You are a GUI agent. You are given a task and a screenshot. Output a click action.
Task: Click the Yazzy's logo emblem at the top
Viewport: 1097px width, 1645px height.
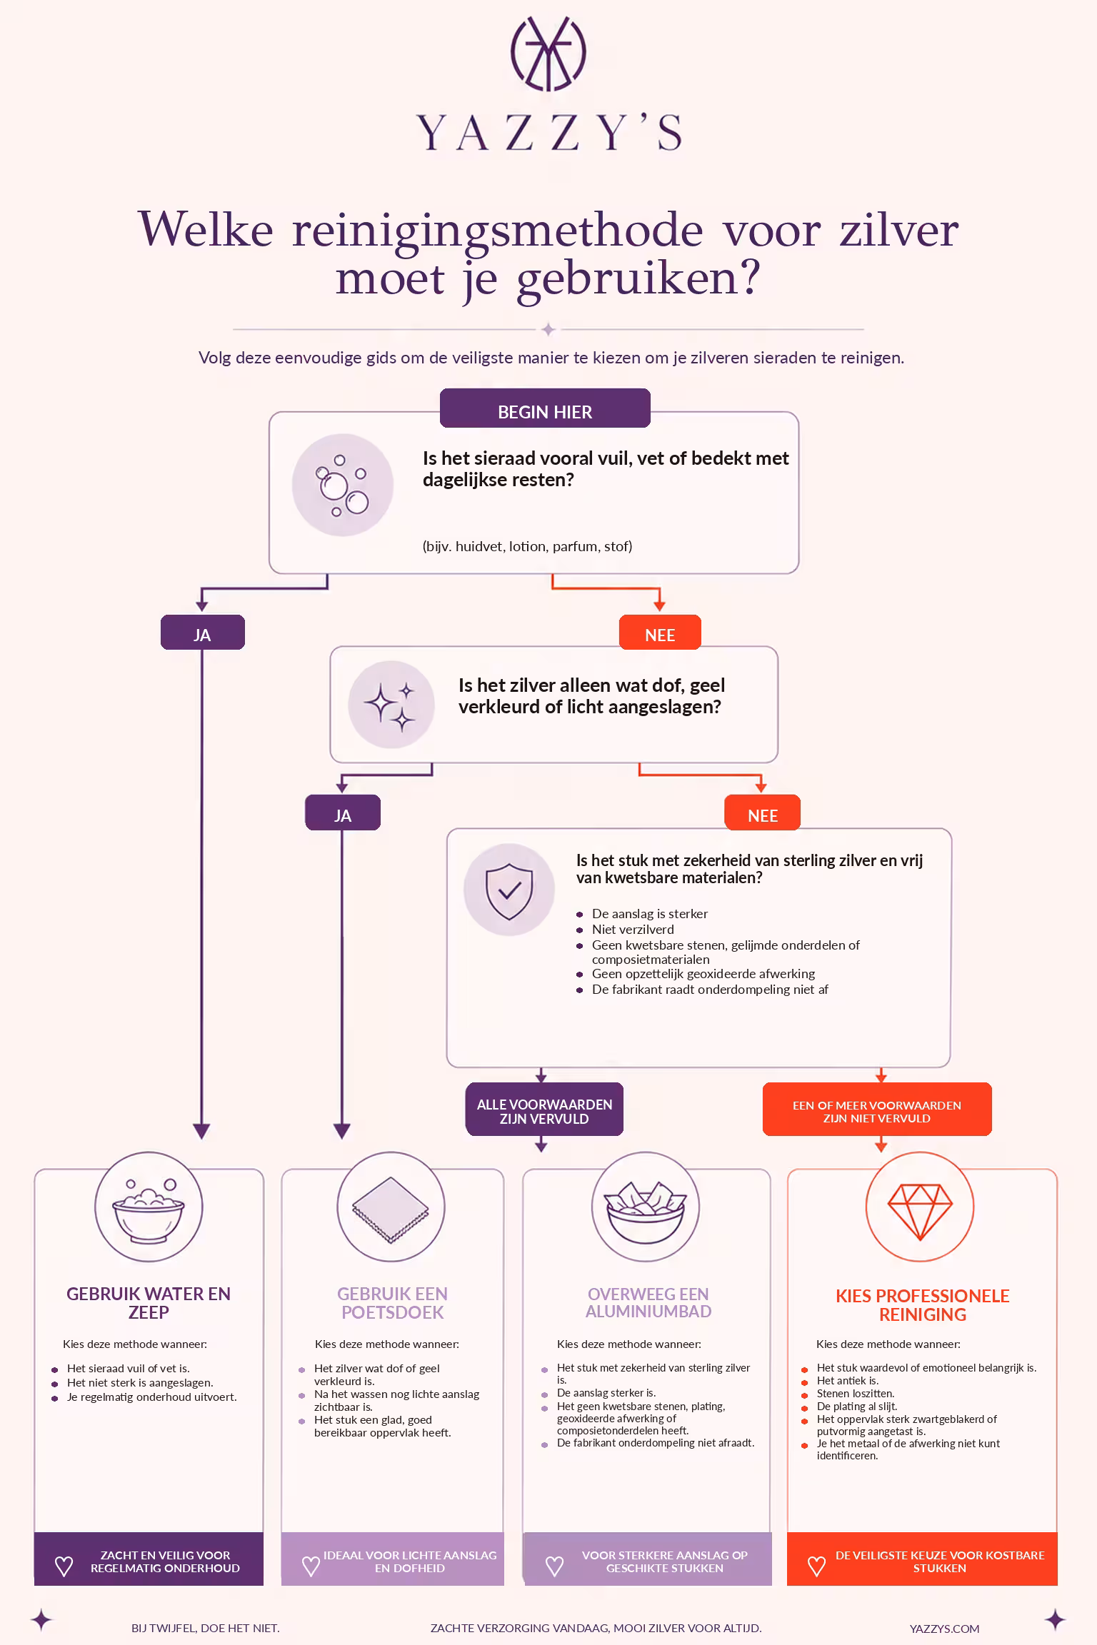548,54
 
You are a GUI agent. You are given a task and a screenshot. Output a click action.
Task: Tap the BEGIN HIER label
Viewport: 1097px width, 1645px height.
545,412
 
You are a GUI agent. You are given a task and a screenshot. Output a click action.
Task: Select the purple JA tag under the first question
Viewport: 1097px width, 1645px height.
202,634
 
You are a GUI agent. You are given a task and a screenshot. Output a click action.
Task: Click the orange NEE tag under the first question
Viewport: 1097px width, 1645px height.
660,634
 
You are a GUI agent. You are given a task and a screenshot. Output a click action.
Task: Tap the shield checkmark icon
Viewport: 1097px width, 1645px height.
509,890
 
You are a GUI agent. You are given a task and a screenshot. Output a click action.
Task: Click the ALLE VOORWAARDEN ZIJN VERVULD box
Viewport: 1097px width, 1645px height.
544,1111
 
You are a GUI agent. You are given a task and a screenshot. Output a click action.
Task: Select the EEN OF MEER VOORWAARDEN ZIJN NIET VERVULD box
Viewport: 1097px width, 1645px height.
877,1111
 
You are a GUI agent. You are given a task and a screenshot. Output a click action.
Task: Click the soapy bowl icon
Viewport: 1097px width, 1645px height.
149,1207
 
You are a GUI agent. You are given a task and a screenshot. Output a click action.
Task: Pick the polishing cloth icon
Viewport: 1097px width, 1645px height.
391,1207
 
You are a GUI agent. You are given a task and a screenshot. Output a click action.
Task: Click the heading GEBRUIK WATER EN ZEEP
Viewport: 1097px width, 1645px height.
149,1303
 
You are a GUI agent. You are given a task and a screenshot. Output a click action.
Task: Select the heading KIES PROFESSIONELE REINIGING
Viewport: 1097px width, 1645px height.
923,1305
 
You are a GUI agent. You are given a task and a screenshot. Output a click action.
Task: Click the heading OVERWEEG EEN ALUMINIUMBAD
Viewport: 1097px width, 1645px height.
648,1302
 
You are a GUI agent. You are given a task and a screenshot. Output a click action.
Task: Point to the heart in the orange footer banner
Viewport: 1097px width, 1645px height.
816,1566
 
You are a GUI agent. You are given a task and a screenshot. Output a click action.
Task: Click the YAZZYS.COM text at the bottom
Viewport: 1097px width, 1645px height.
944,1629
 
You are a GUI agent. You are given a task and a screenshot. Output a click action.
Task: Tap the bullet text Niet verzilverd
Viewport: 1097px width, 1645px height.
633,929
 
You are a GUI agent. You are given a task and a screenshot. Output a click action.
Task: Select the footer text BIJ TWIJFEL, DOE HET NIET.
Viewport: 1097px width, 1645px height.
206,1628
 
